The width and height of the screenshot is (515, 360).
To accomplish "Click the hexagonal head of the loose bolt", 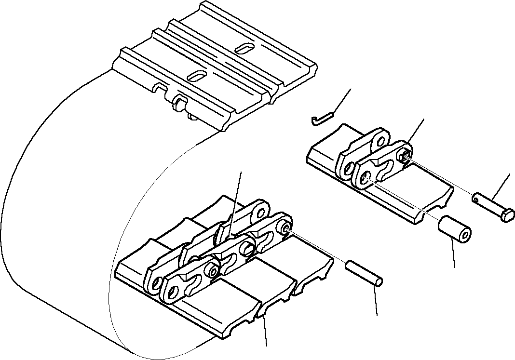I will [508, 215].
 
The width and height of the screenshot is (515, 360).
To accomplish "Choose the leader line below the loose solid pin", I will [377, 301].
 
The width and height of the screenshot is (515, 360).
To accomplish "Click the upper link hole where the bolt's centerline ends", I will [404, 154].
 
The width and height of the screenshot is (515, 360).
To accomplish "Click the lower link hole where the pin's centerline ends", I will [285, 229].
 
